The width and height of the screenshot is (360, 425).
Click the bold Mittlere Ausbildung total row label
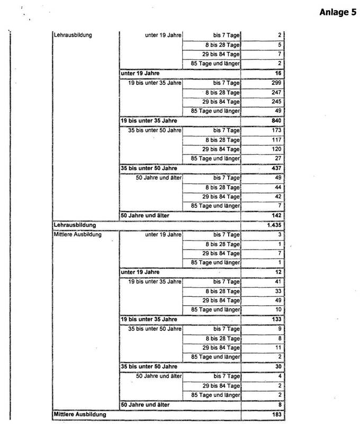pos(80,413)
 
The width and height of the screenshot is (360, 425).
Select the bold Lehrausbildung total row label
pos(74,225)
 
